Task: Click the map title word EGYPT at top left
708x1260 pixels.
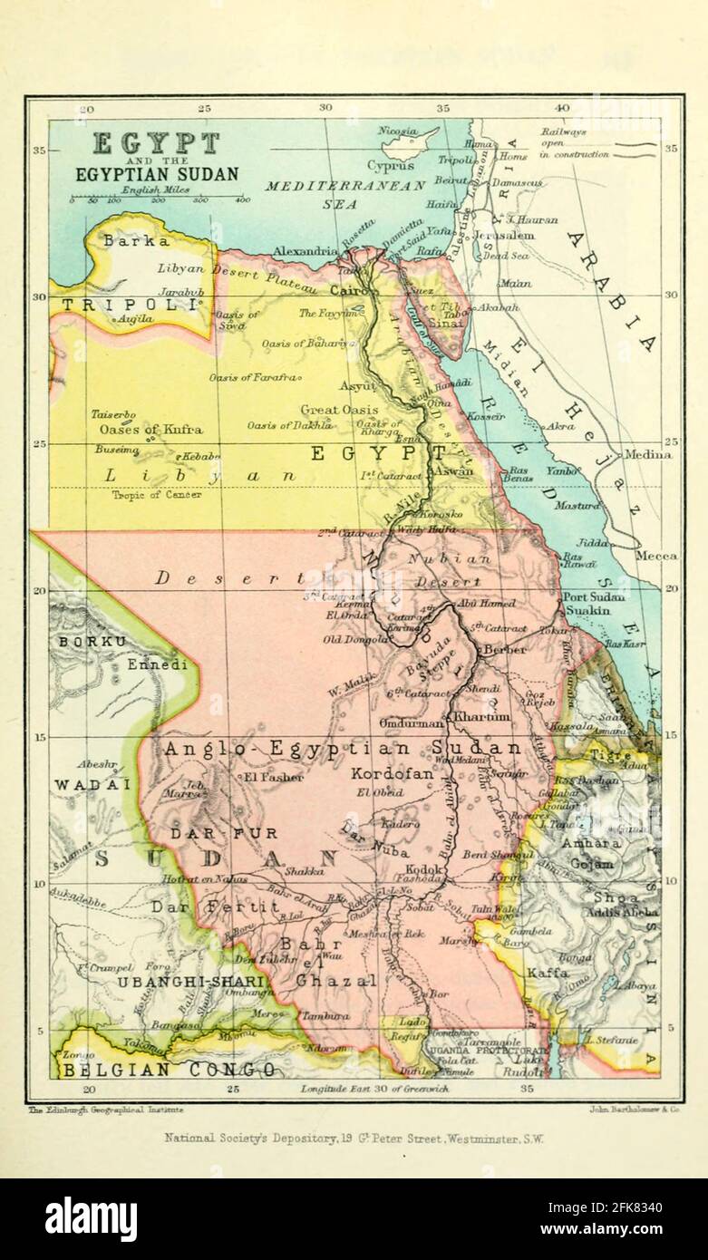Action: (x=157, y=143)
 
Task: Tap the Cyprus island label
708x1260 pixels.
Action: (x=391, y=166)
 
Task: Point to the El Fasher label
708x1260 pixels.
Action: (x=267, y=777)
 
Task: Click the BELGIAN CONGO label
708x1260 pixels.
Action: (x=169, y=1070)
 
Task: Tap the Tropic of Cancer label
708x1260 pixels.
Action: (x=157, y=495)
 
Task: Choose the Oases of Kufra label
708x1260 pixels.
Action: (x=151, y=429)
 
